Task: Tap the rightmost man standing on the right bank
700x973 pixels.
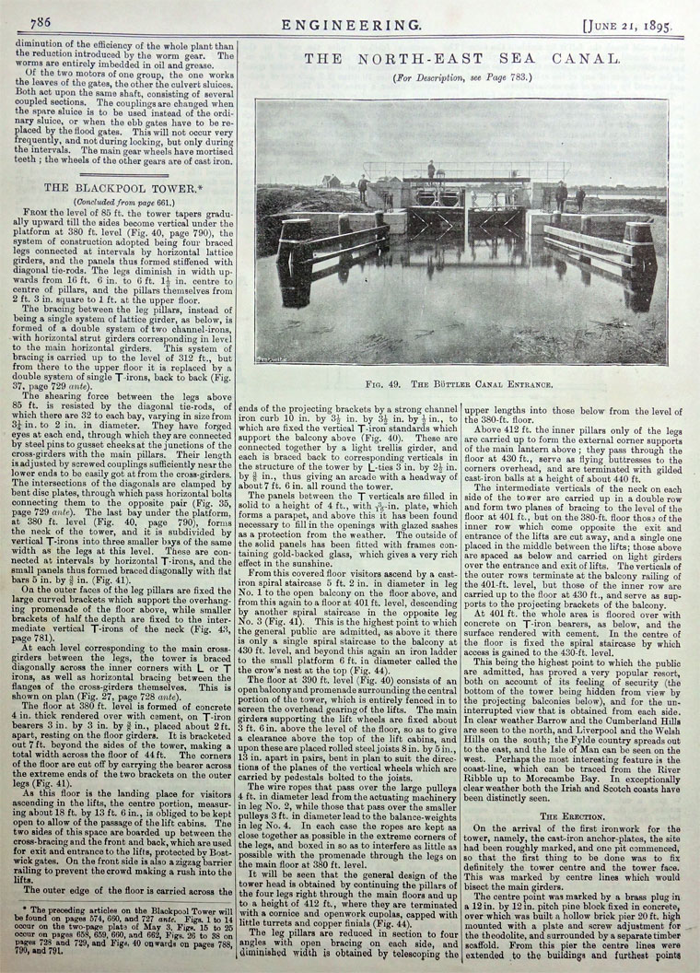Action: [x=580, y=198]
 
